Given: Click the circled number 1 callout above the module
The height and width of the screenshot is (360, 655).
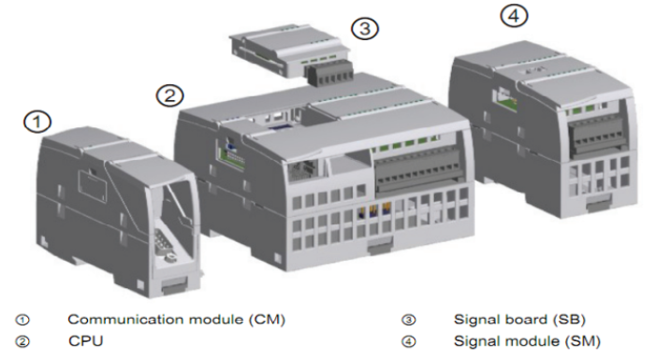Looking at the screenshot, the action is point(37,122).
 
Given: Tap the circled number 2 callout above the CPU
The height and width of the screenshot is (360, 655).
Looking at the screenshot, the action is point(170,95).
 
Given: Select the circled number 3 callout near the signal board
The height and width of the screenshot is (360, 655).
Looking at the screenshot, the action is point(365,28).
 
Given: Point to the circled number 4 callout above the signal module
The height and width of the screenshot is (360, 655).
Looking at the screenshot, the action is point(515,16).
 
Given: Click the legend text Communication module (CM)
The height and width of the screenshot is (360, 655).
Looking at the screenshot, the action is point(176,320).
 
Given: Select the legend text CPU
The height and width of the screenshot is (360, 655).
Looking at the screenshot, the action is point(86,341).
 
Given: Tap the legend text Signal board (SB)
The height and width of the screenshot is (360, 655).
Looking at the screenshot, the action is point(519,320).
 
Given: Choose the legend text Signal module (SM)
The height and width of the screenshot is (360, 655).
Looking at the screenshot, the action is point(527,341).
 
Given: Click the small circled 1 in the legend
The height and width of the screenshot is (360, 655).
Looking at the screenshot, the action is point(22,320).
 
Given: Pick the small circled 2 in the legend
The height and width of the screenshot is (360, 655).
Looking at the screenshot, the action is point(22,341).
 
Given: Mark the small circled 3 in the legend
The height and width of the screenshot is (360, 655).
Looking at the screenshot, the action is point(409,320).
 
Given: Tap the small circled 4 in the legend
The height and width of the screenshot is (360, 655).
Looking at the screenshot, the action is point(409,341).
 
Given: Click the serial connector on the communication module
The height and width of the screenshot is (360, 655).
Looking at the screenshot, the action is point(164,244).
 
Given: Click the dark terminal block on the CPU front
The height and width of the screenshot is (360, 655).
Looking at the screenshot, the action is point(417,172).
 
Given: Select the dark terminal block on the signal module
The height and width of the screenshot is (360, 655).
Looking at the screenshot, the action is point(598,134).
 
